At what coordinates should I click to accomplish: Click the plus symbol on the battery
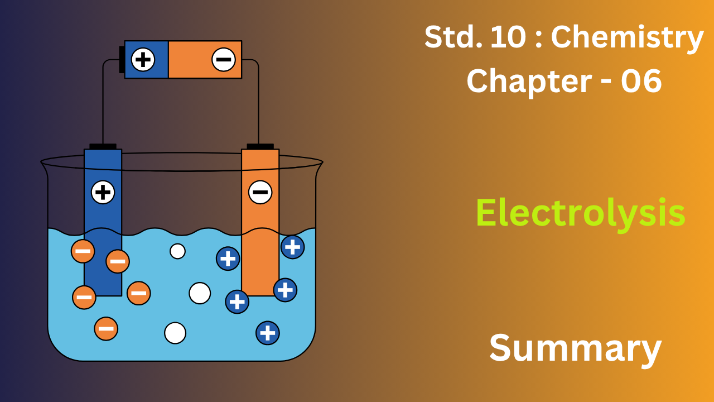143,60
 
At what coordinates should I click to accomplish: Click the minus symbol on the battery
223,60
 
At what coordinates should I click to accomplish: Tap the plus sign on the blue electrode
103,193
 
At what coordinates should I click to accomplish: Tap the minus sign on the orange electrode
260,193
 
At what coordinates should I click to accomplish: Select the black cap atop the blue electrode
103,146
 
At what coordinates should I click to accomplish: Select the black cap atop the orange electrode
260,146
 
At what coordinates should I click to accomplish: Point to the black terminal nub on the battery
122,60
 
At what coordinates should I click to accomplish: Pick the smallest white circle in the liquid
177,251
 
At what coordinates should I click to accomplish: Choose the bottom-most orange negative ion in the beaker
106,328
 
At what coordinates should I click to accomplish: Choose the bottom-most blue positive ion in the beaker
268,333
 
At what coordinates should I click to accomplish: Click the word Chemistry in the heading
627,38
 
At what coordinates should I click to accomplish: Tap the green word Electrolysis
580,213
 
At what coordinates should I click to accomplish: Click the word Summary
575,348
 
